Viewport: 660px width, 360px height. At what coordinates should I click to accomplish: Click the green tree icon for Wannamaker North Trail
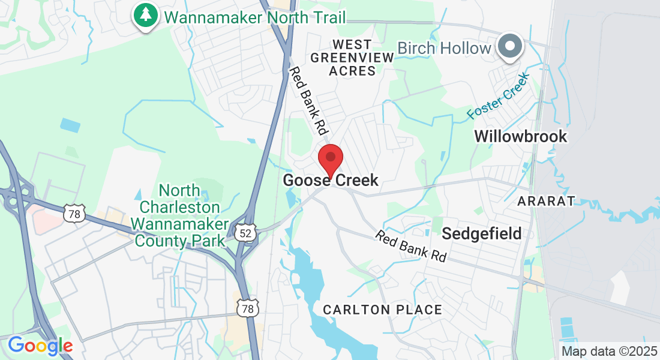click(x=145, y=15)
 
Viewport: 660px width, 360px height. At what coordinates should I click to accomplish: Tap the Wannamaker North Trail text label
click(x=255, y=17)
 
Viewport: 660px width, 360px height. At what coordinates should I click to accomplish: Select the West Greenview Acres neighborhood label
click(x=352, y=58)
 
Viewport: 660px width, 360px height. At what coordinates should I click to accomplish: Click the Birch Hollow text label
click(x=445, y=48)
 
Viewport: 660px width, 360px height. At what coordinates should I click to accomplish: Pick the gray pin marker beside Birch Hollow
click(x=509, y=46)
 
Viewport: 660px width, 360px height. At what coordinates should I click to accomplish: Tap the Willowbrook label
click(x=520, y=136)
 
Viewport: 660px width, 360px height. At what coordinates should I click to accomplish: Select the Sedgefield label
click(x=482, y=233)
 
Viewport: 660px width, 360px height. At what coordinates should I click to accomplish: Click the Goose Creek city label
click(x=331, y=180)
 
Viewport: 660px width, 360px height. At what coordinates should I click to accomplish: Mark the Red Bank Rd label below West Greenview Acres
click(x=310, y=100)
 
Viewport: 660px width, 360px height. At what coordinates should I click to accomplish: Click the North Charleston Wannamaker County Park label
click(x=179, y=216)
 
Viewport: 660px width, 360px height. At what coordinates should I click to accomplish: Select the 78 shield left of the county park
click(x=74, y=212)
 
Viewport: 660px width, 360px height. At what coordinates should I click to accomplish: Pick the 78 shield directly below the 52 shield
click(x=247, y=308)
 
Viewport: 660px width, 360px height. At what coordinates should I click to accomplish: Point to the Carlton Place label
click(x=382, y=310)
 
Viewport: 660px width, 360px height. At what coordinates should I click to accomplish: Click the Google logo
click(x=40, y=346)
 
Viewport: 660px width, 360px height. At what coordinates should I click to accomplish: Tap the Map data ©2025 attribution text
click(x=609, y=351)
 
